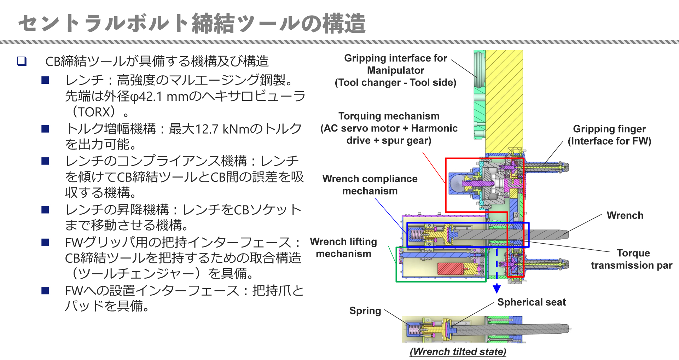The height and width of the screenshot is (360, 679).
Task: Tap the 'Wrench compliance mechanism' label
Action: click(x=370, y=185)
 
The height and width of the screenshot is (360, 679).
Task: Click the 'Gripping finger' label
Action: click(x=609, y=135)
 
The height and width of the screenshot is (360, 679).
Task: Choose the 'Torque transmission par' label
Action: click(x=632, y=259)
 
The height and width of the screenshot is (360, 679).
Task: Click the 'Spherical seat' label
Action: click(x=531, y=302)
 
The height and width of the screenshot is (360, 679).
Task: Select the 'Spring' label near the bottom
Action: click(x=365, y=310)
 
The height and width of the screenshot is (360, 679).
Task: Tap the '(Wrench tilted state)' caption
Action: click(x=458, y=352)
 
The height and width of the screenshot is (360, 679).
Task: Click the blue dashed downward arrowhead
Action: click(x=497, y=289)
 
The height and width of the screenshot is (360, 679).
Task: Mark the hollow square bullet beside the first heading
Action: click(x=22, y=61)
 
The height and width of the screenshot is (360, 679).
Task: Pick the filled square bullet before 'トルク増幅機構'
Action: click(x=45, y=129)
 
